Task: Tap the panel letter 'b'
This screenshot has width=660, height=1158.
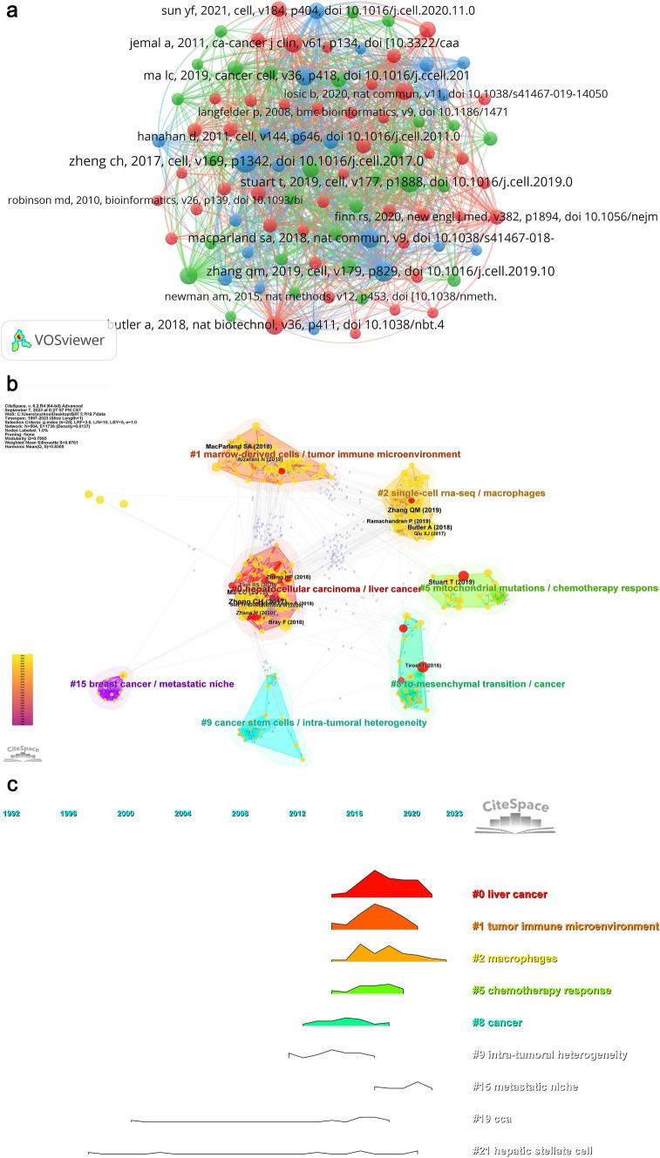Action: [11, 383]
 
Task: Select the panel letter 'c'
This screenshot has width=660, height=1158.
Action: [11, 784]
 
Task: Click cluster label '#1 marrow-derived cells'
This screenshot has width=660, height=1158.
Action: [325, 454]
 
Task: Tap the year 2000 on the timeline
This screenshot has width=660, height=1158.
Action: [126, 813]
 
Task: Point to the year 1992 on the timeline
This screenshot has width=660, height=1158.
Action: [11, 813]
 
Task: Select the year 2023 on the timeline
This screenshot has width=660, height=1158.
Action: [454, 813]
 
